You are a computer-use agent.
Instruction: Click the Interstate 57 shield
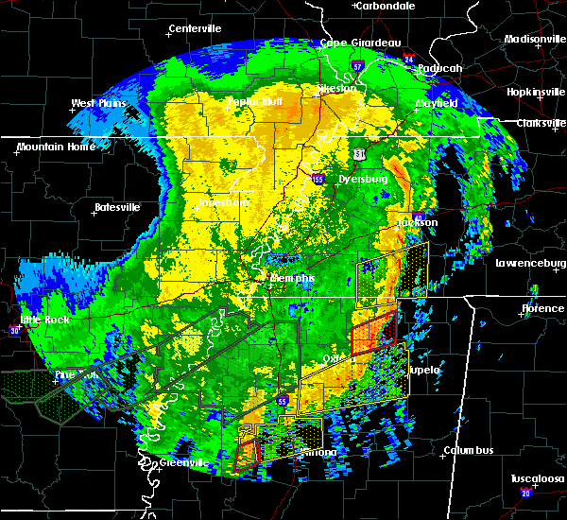point(357,65)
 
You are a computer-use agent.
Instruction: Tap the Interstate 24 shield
point(409,60)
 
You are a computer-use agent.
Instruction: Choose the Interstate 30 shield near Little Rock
point(14,330)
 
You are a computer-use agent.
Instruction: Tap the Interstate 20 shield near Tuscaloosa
point(526,493)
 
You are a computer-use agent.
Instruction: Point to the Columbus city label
point(471,450)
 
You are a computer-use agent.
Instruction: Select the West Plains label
point(98,103)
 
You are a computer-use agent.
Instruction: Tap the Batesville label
point(116,207)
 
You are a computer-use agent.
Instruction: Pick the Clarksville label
point(540,123)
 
